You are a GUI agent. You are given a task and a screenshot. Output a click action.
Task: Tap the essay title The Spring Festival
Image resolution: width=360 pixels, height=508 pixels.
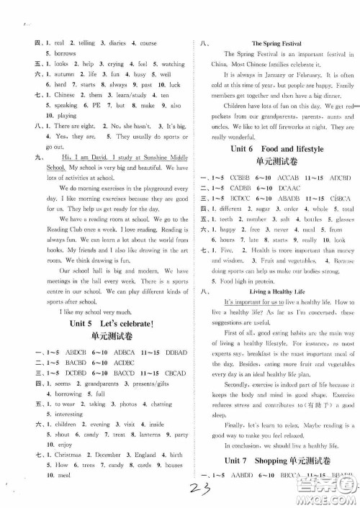[275, 44]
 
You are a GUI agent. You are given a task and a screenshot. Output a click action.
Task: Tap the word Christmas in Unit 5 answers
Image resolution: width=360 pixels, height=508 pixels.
[65, 455]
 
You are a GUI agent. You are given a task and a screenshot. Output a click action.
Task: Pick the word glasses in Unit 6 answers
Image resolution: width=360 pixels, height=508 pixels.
[344, 219]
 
